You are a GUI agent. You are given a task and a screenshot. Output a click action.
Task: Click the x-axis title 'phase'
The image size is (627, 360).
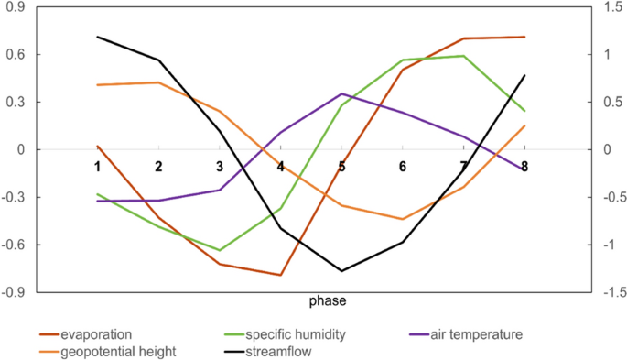327,301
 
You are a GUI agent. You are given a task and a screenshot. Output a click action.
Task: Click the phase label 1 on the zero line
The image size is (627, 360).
97,166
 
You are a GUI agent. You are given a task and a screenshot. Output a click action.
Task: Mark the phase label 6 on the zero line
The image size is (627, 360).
403,166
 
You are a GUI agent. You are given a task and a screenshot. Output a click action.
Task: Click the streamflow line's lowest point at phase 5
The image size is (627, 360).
341,271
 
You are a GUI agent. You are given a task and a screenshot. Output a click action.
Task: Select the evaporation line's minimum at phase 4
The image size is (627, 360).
280,275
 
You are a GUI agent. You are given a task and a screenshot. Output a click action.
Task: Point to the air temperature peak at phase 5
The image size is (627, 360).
341,93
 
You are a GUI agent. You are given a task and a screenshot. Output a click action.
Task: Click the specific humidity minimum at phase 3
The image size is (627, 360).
220,250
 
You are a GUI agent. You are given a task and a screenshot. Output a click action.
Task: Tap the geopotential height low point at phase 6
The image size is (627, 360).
403,219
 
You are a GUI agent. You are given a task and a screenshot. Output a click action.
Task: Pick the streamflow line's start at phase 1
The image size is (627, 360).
97,37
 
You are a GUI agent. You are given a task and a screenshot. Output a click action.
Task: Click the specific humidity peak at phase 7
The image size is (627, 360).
464,56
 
